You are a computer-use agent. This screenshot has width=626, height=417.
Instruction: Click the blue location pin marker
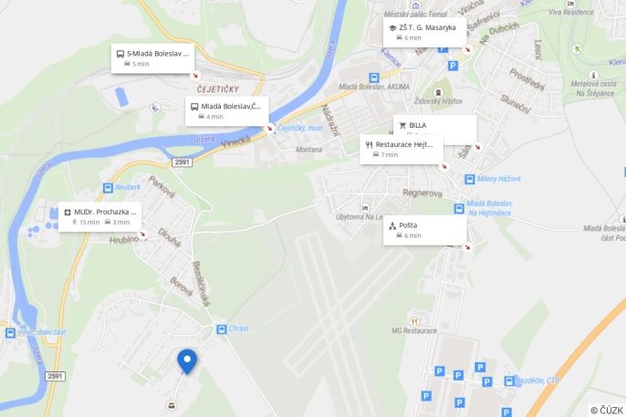(x=187, y=360)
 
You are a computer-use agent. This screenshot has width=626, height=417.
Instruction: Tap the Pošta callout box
(x=424, y=230)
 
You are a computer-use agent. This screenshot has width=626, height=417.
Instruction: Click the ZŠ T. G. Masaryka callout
(x=424, y=32)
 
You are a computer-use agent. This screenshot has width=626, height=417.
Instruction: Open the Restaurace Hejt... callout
(x=402, y=149)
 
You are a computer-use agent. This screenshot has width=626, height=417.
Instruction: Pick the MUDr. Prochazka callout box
(x=100, y=216)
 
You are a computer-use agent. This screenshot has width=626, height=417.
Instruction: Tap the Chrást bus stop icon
(x=221, y=328)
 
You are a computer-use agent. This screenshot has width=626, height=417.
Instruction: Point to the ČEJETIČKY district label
(x=217, y=89)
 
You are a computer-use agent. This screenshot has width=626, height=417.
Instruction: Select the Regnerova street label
(x=423, y=193)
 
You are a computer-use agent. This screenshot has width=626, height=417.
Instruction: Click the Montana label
(x=308, y=149)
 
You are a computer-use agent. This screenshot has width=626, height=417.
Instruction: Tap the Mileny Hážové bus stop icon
(x=469, y=179)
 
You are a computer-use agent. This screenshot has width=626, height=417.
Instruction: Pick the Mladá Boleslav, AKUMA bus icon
(x=374, y=78)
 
